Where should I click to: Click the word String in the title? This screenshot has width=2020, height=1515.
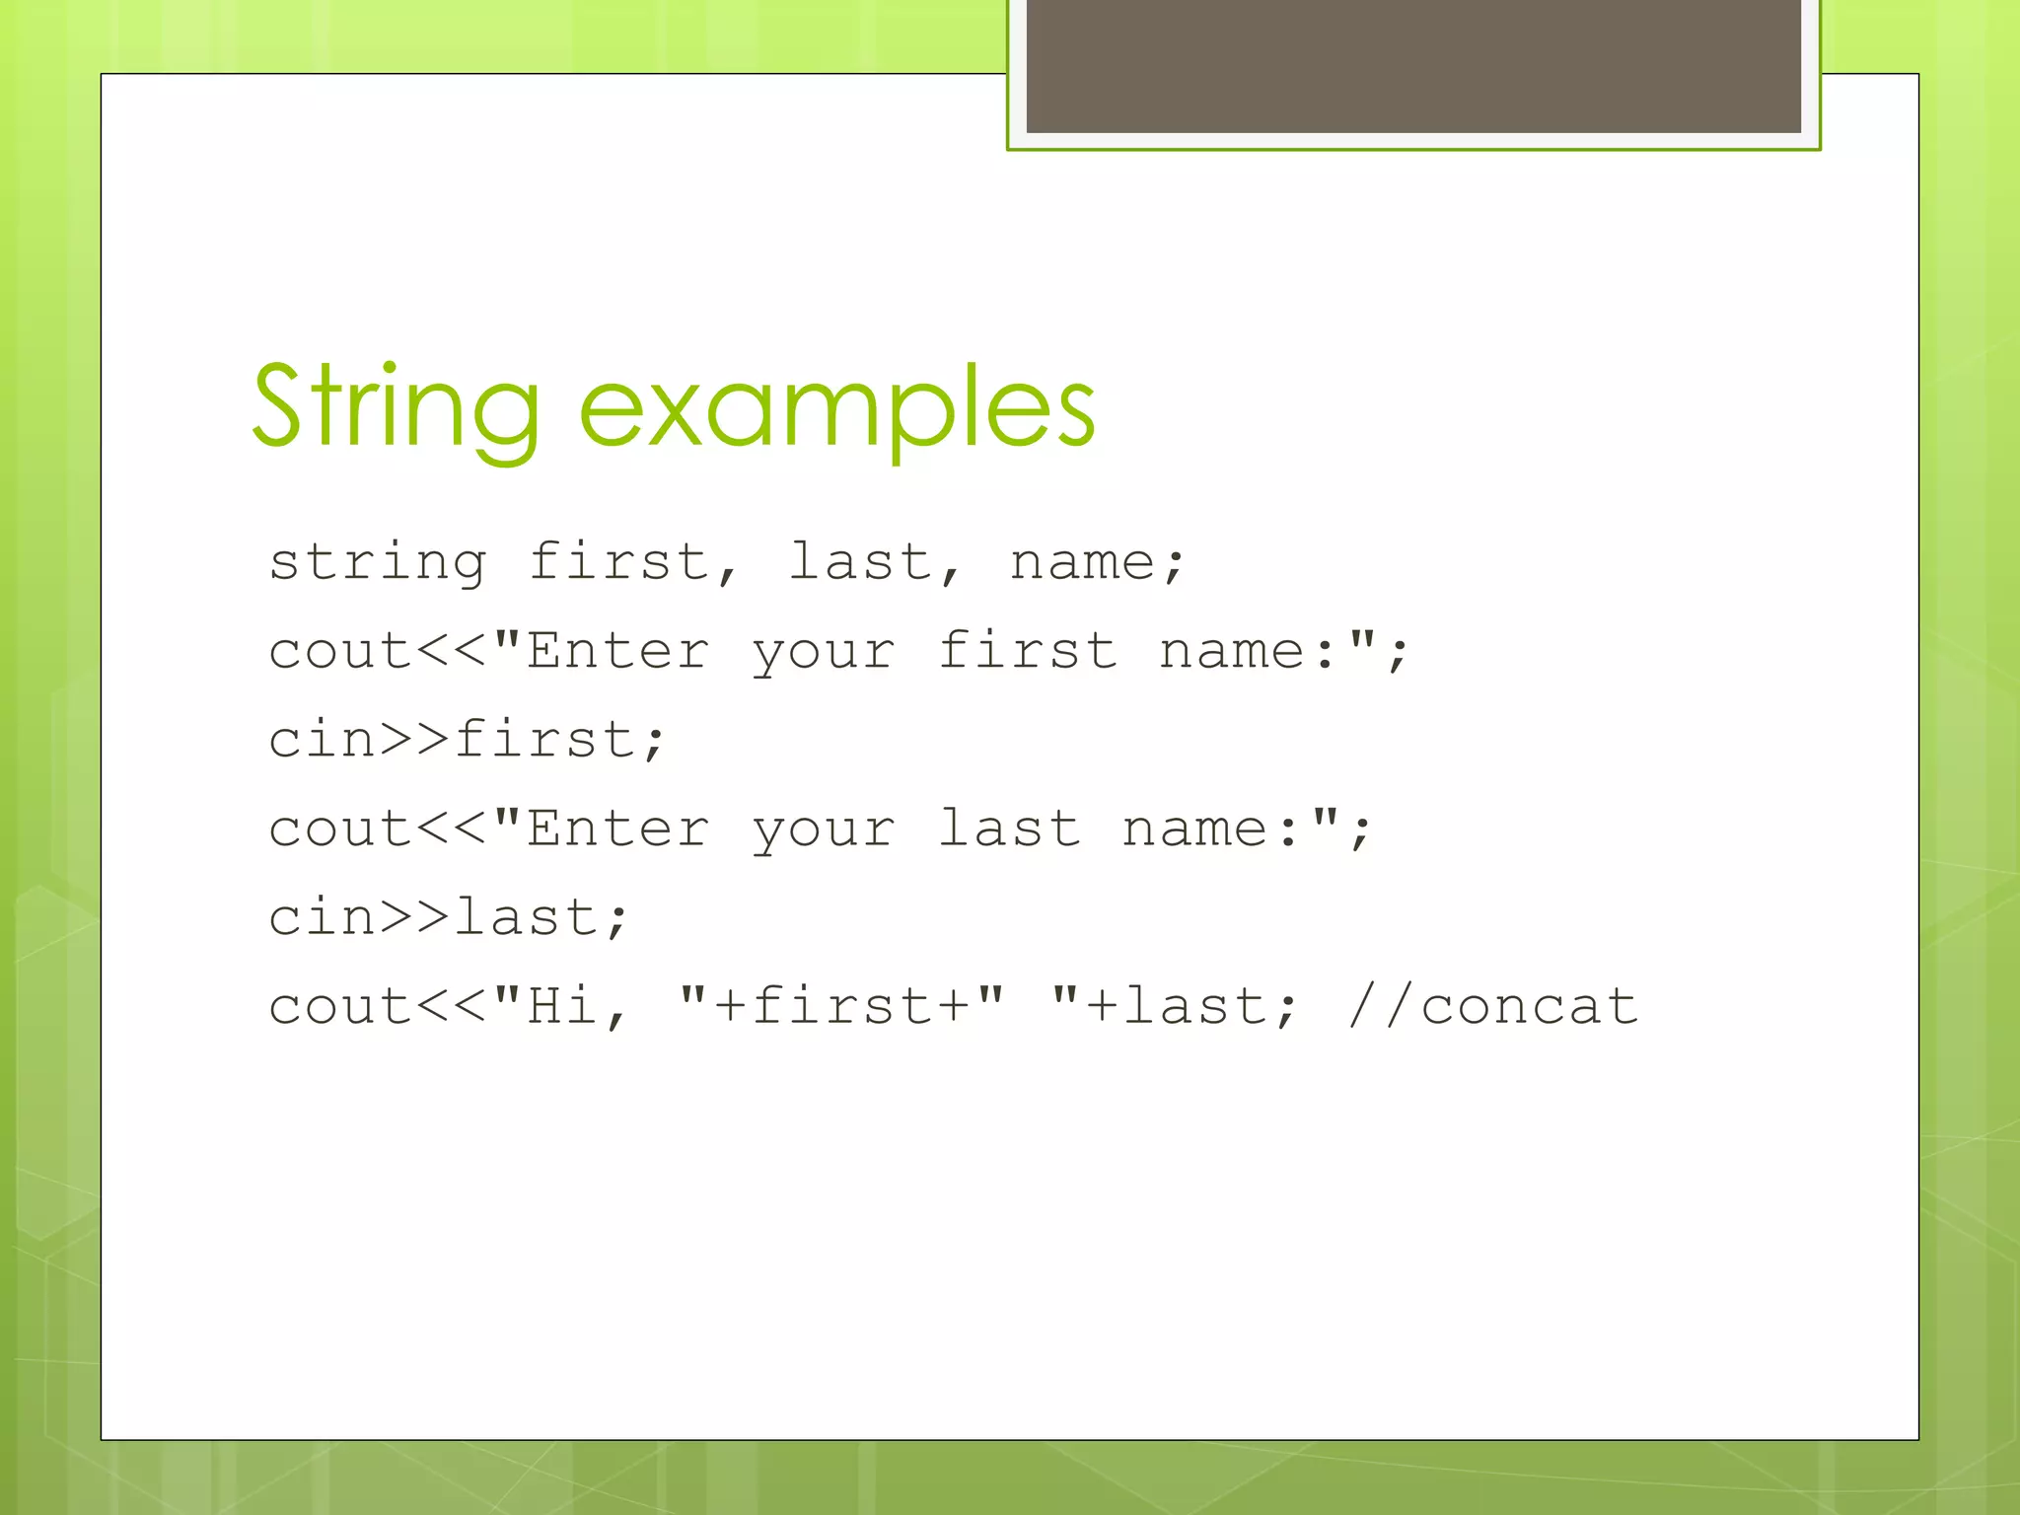tap(395, 406)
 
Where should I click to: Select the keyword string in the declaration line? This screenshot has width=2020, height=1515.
tap(378, 563)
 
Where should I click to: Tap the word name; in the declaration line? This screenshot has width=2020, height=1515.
tap(1097, 563)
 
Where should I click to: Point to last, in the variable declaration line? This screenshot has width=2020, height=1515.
tap(874, 563)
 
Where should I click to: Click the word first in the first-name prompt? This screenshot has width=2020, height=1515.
tap(1028, 652)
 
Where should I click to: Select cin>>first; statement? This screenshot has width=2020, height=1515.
tap(468, 741)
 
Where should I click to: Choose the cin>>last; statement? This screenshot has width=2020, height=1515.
tap(449, 918)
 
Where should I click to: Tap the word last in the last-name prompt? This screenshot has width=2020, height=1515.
tap(1009, 830)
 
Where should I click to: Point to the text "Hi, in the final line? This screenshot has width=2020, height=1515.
tap(560, 1007)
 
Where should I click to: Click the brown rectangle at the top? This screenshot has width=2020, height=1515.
tap(1413, 65)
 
